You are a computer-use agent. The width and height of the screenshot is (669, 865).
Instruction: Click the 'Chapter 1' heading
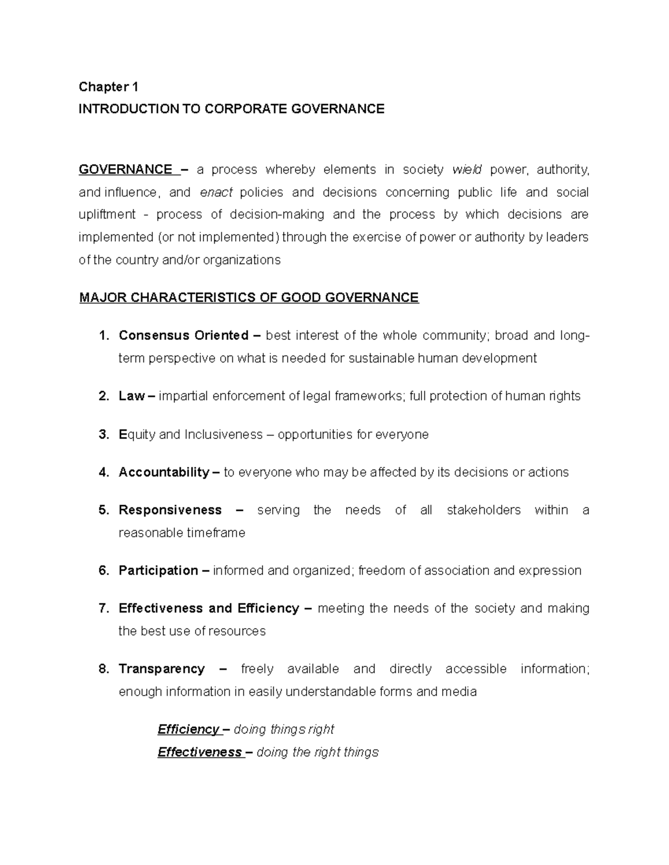(x=108, y=86)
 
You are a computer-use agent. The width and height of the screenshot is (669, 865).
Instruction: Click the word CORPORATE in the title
(x=244, y=109)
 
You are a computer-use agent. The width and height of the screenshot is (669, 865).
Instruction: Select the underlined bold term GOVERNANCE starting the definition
(x=125, y=169)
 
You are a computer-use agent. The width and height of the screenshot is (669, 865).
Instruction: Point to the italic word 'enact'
(x=216, y=192)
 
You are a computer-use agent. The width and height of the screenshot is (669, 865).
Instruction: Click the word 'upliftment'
(x=107, y=214)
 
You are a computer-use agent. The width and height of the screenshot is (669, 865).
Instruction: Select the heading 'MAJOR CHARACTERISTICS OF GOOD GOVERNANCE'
(x=249, y=297)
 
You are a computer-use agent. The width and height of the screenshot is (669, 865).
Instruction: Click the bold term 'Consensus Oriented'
(x=183, y=335)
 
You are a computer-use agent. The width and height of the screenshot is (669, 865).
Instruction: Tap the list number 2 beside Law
(x=103, y=396)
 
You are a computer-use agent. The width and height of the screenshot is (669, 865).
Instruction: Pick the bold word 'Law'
(x=131, y=396)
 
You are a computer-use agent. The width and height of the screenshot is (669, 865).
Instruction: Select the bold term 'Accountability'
(x=164, y=472)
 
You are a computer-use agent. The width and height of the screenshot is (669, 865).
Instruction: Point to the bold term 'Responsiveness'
(x=170, y=510)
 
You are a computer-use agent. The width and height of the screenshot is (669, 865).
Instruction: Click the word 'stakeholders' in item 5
(x=483, y=510)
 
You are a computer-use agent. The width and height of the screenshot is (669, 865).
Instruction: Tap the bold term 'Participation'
(x=158, y=570)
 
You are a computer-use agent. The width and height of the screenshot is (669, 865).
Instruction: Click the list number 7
(x=103, y=608)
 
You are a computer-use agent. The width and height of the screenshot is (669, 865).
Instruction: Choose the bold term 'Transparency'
(x=162, y=668)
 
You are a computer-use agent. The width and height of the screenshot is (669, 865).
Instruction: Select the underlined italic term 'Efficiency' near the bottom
(x=188, y=730)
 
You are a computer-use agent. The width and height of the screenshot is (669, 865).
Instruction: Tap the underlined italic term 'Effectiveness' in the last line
(x=199, y=752)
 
